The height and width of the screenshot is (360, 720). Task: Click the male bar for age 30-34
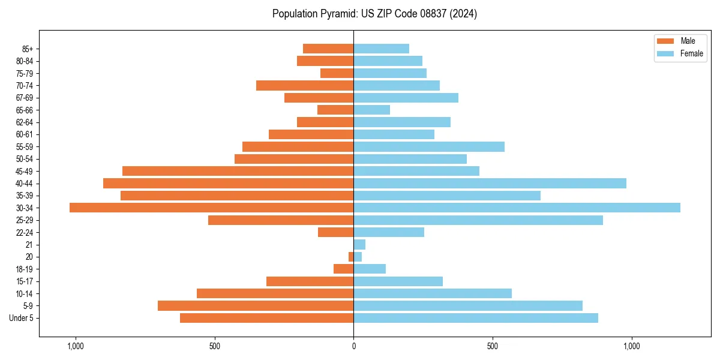click(211, 208)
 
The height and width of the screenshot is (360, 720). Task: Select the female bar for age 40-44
click(490, 183)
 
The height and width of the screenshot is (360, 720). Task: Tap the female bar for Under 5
click(476, 318)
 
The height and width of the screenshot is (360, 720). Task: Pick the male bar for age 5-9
click(256, 305)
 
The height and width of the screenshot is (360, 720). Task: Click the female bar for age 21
click(359, 244)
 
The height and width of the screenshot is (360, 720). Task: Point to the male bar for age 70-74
click(305, 85)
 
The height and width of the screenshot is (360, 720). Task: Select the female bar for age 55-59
click(429, 146)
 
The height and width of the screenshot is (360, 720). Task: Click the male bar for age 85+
click(328, 49)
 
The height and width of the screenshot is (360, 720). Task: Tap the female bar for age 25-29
click(478, 220)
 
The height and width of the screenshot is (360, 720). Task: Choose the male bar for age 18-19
click(344, 269)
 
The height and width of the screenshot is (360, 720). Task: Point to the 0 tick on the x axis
click(353, 346)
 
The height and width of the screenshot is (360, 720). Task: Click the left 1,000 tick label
click(76, 346)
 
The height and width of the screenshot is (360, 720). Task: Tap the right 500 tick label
click(493, 346)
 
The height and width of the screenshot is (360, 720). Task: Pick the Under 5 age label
click(21, 318)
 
